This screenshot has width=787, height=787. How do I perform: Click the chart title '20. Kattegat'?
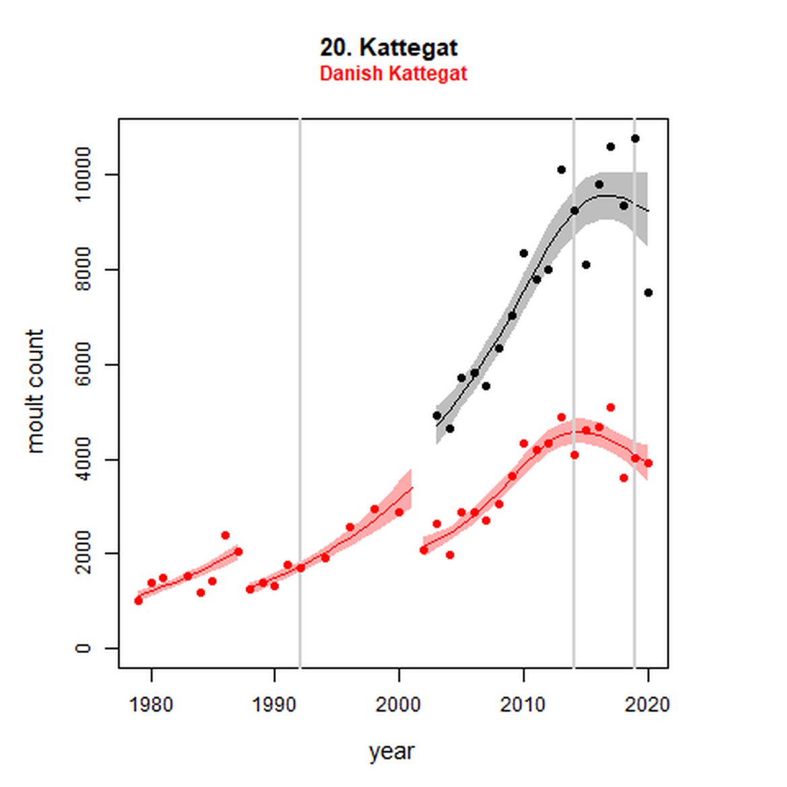[x=389, y=48]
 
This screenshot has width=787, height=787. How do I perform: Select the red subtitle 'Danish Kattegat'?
[x=393, y=73]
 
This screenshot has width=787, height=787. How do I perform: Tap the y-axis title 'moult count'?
[x=35, y=391]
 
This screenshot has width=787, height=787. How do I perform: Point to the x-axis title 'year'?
[x=391, y=751]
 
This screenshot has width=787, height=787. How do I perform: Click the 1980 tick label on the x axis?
[x=151, y=705]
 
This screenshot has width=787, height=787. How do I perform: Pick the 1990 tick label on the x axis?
[x=274, y=705]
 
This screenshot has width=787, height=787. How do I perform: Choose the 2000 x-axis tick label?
[x=399, y=705]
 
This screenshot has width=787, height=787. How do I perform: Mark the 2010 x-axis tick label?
[x=523, y=705]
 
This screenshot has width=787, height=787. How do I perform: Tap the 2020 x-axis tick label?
[x=647, y=705]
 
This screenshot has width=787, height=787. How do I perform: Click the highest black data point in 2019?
[x=635, y=139]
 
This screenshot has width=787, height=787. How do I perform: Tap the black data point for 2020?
[x=648, y=293]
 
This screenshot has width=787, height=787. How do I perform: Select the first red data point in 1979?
[x=139, y=601]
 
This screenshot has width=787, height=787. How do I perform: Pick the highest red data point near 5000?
[x=611, y=408]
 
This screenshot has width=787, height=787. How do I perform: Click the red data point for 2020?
[x=648, y=463]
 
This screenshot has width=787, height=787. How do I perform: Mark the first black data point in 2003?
[x=437, y=416]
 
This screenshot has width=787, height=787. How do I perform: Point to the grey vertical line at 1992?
[x=300, y=336]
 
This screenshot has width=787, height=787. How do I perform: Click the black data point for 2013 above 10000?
[x=562, y=170]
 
